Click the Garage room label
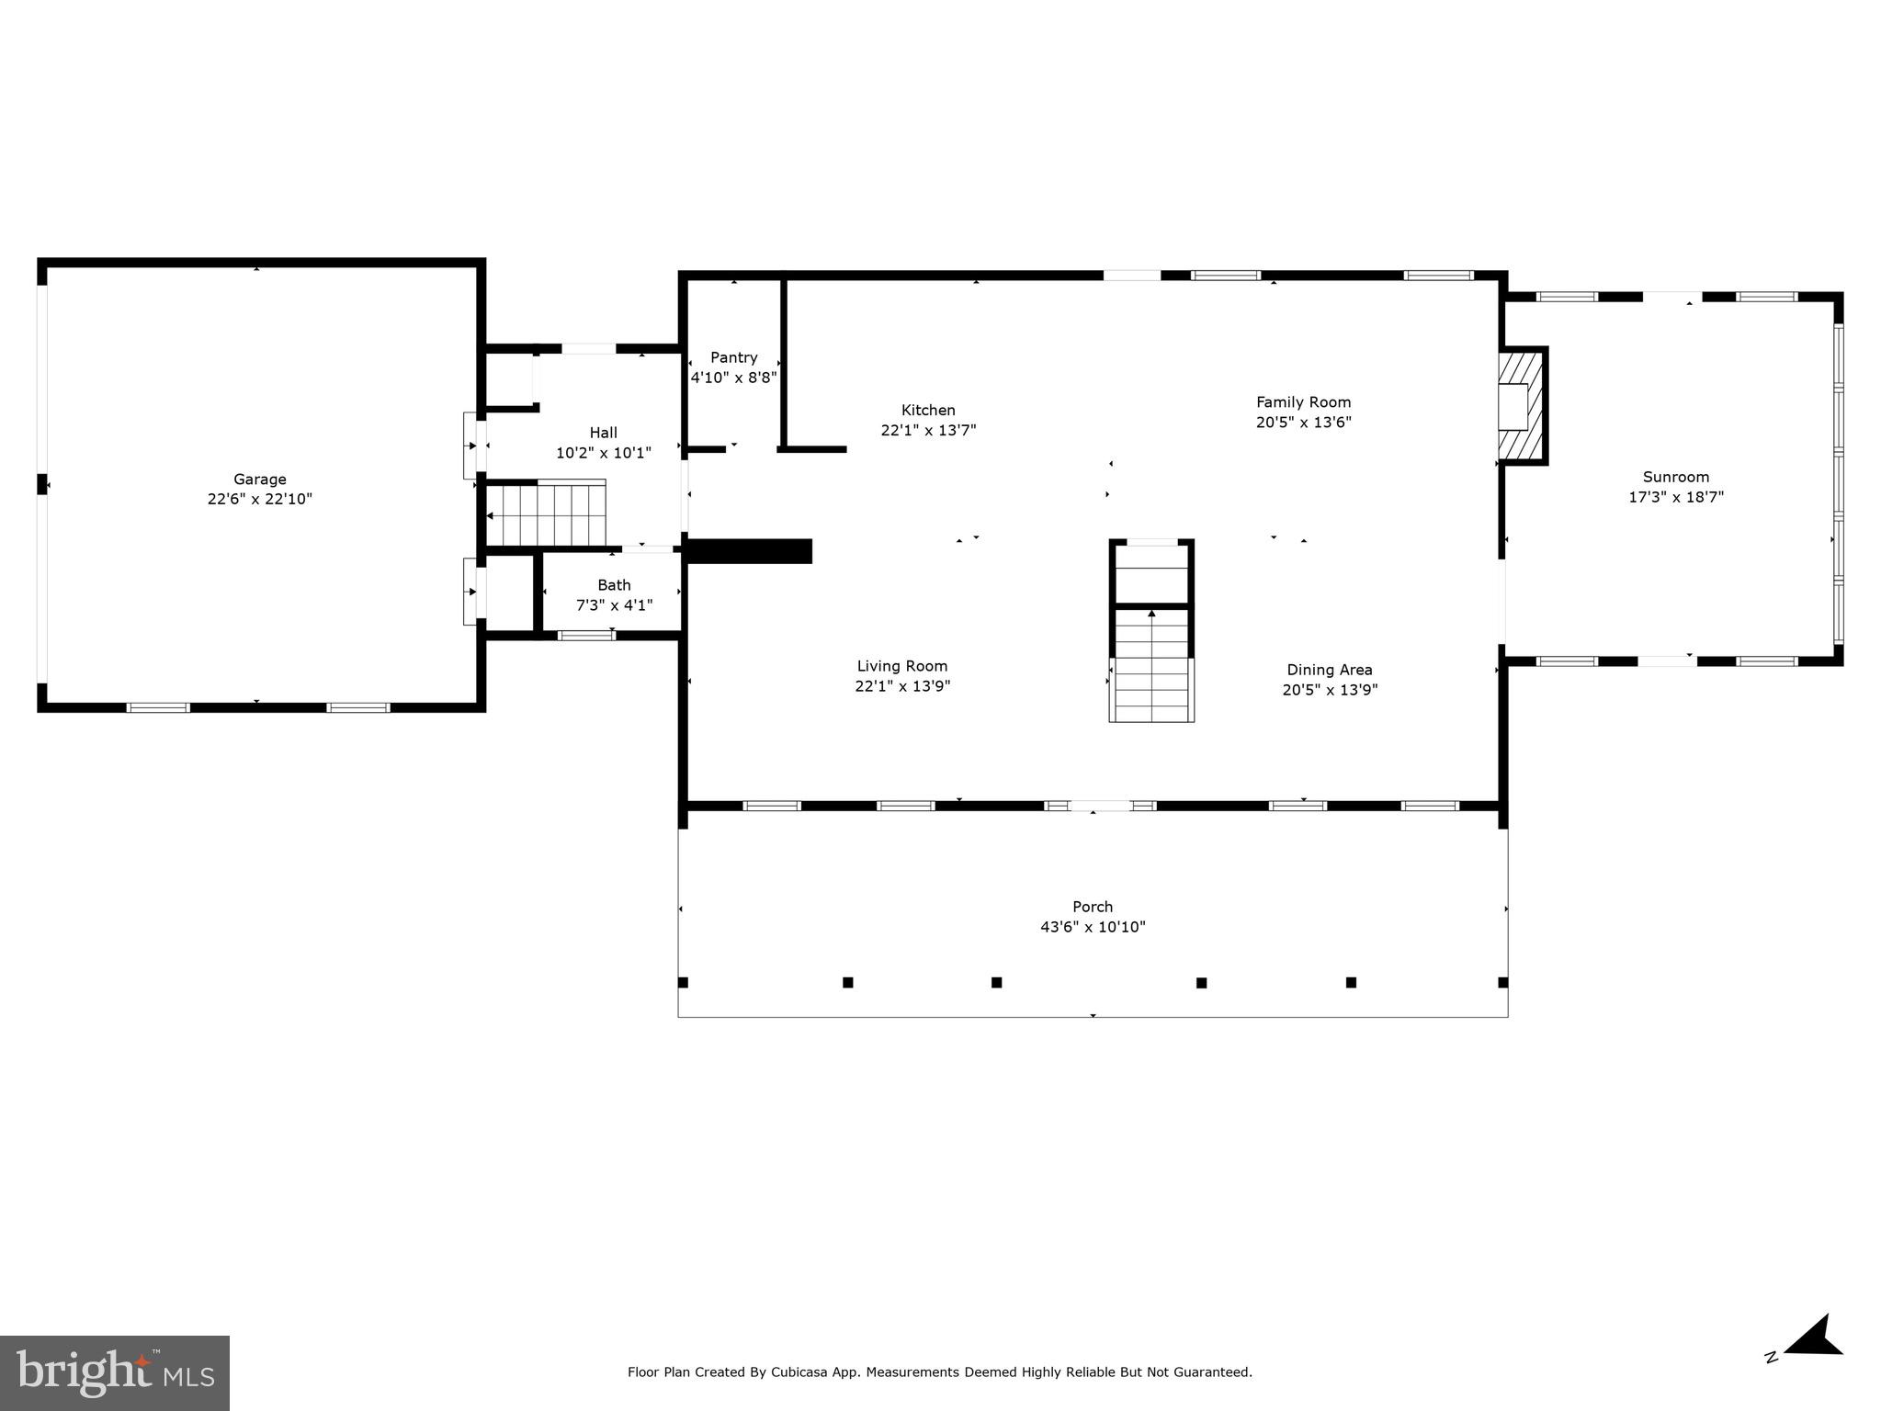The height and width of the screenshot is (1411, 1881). click(259, 479)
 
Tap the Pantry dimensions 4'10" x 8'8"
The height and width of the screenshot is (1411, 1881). click(733, 377)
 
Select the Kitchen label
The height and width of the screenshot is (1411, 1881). click(928, 410)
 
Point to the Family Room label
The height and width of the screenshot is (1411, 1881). click(1303, 401)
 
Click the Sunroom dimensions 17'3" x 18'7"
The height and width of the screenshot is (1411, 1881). click(1675, 497)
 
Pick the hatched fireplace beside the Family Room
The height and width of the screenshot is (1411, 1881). click(1523, 406)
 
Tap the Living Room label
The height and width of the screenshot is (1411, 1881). click(901, 666)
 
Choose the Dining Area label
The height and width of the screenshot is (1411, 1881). click(1329, 670)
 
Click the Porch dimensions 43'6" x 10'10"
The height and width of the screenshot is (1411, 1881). click(1093, 927)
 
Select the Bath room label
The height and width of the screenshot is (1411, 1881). click(614, 584)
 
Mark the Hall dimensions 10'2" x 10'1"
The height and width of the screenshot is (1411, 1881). click(603, 452)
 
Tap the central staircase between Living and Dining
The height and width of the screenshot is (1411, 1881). click(1151, 661)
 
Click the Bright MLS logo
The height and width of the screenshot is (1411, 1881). click(115, 1372)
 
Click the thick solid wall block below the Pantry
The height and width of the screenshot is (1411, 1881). click(749, 551)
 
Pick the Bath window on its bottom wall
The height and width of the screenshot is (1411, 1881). click(586, 635)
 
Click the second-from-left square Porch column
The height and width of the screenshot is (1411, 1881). click(847, 982)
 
